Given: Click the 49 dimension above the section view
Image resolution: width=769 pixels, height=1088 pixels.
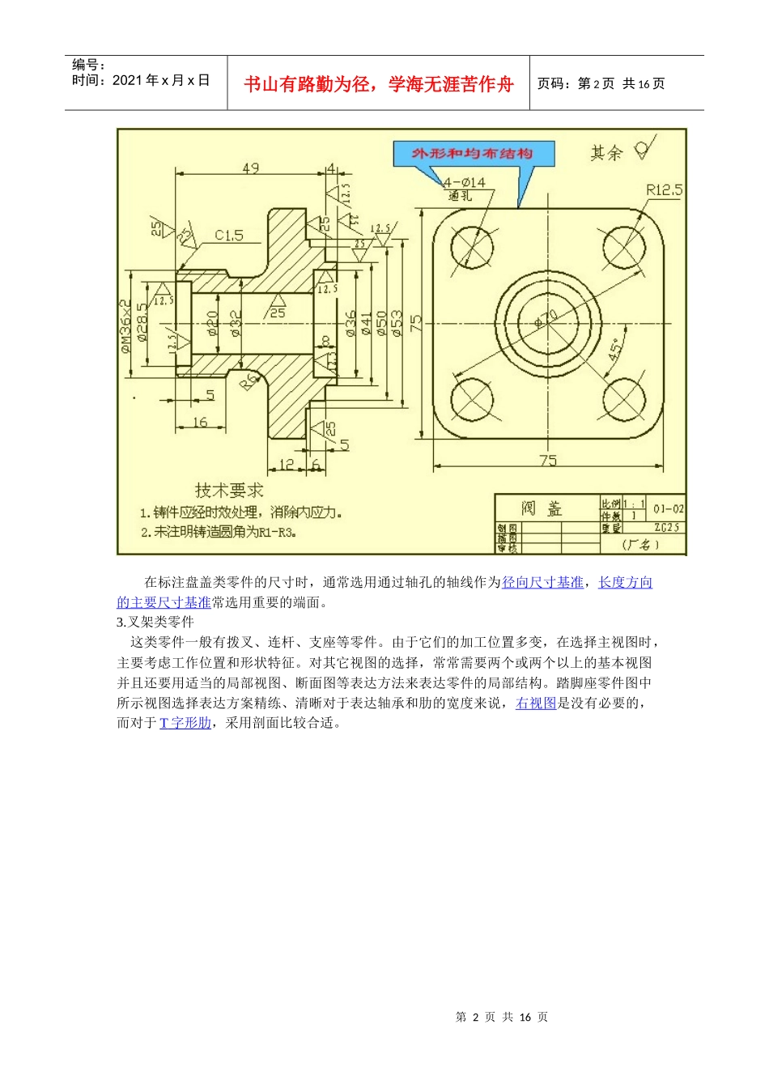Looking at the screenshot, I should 251,168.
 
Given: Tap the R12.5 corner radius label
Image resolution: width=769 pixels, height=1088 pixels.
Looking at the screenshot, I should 664,189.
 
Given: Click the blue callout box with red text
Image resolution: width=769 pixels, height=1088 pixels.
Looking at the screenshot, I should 474,154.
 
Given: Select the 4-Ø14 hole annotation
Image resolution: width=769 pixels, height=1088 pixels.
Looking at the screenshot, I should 465,183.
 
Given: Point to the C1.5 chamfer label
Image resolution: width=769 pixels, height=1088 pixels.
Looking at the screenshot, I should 228,236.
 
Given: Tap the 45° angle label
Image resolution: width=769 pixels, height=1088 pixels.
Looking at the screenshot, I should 616,351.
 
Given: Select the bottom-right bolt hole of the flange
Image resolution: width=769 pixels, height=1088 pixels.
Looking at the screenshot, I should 624,400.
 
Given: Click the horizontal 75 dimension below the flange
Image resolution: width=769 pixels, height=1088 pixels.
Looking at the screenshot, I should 548,461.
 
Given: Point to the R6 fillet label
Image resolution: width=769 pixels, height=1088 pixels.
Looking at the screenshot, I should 249,381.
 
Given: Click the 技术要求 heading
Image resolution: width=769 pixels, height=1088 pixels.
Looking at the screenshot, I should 229,491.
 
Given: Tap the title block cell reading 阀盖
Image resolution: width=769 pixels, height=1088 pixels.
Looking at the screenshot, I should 542,508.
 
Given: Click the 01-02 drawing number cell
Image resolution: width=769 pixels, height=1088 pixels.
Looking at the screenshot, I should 668,509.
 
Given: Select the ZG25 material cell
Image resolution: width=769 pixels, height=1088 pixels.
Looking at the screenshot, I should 667,528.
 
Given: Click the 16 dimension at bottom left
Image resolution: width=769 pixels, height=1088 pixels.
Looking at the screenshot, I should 200,422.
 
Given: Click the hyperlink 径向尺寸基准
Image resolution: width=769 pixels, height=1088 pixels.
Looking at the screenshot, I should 542,582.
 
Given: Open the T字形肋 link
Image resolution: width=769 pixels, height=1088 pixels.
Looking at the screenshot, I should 185,723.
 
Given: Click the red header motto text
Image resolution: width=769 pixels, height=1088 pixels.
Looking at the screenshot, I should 379,84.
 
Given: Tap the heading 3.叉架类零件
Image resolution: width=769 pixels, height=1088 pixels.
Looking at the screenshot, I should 155,622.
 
